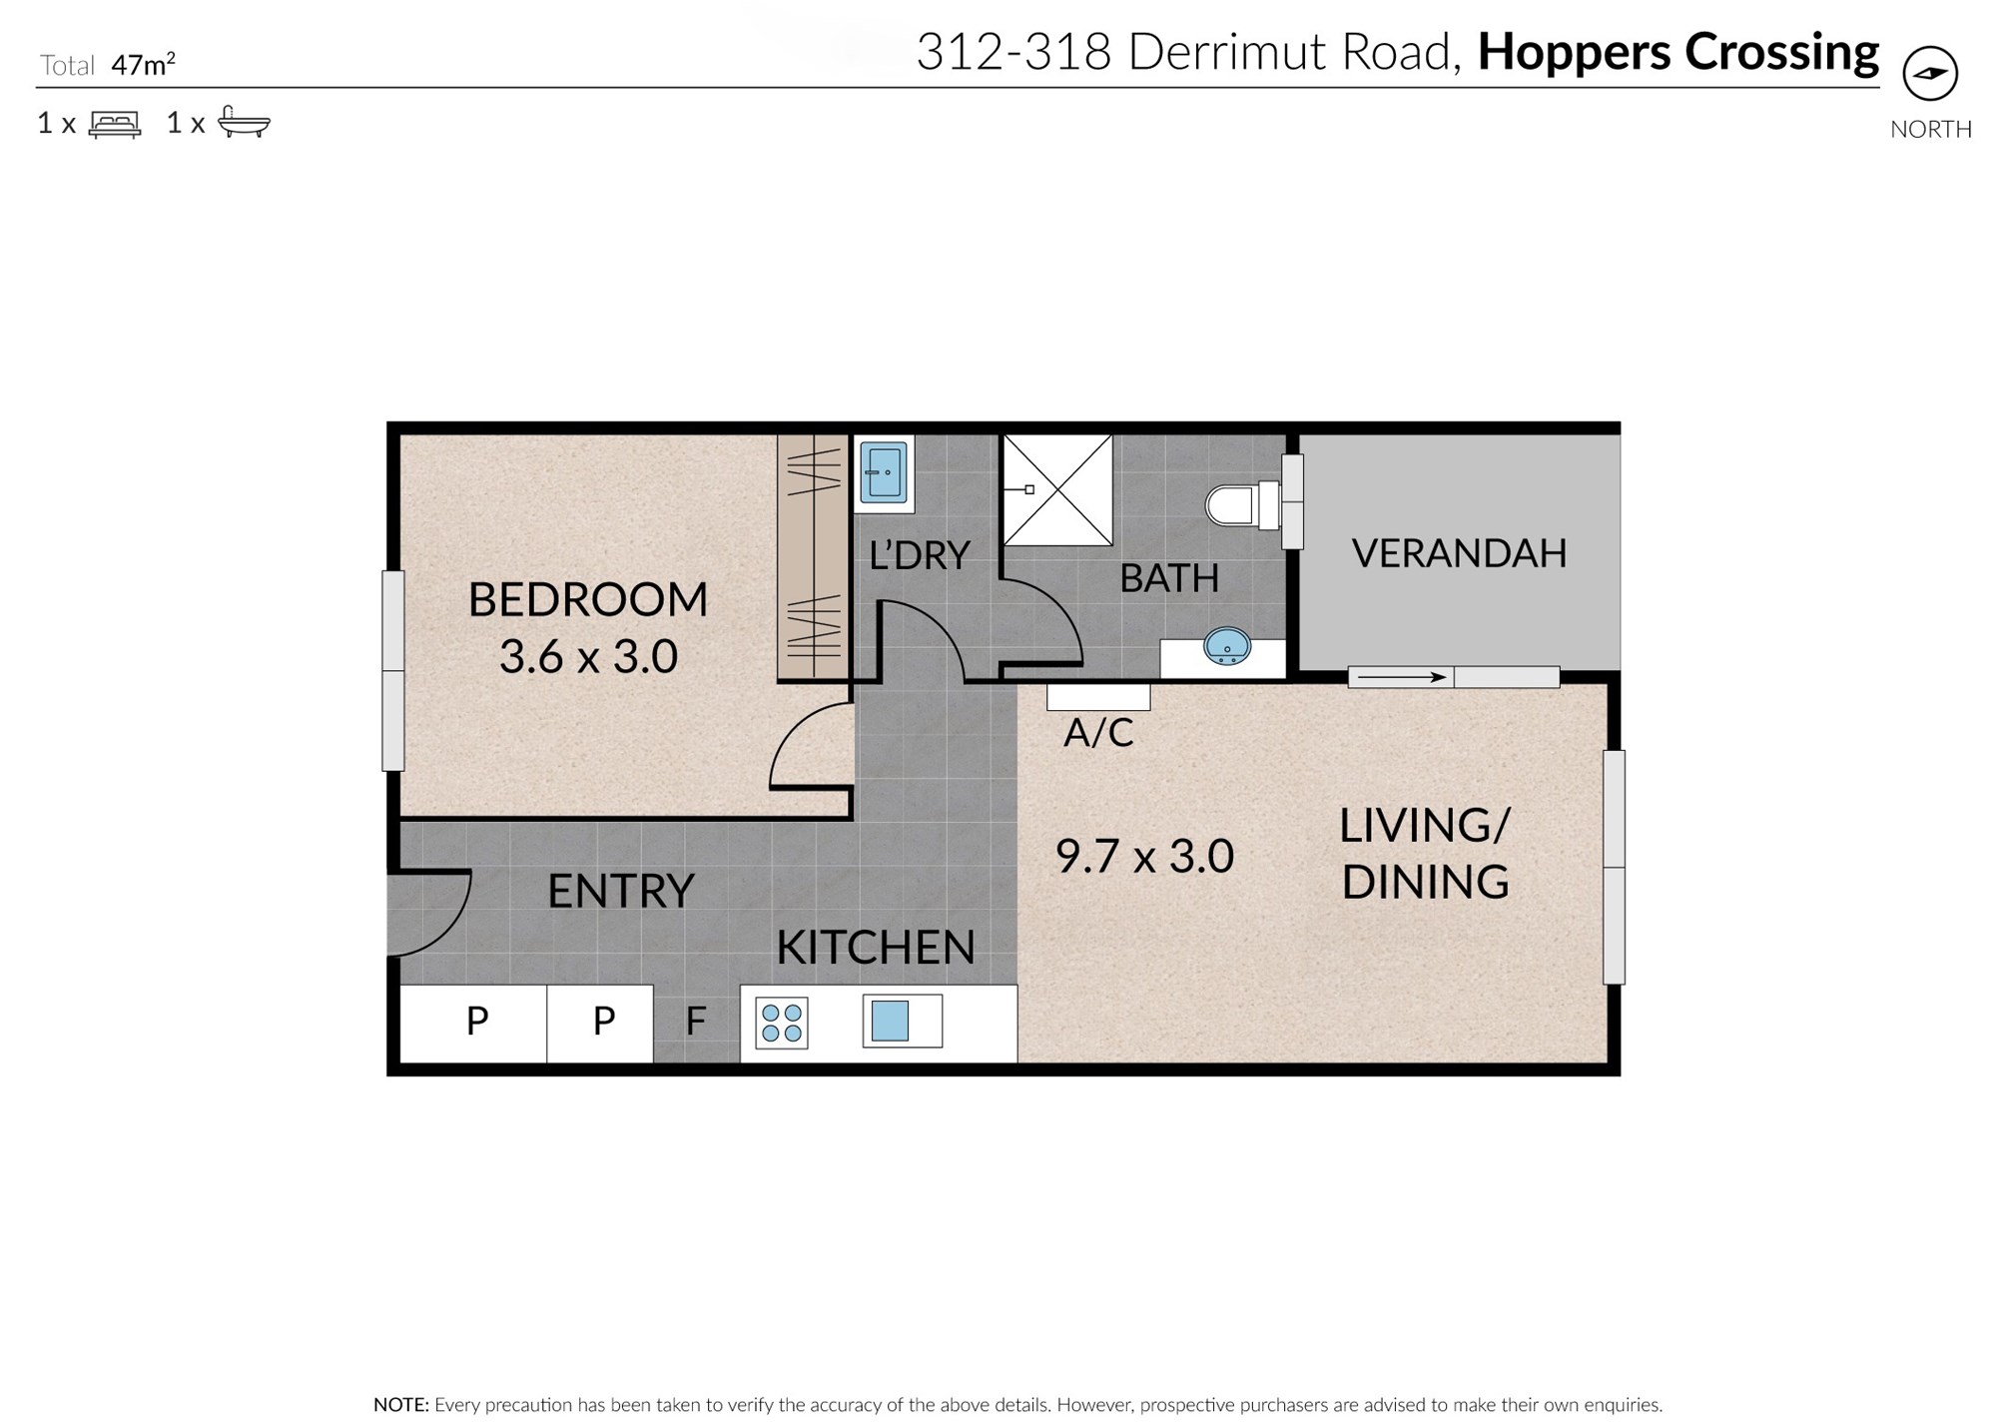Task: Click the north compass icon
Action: (1930, 73)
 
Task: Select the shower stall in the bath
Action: (1057, 489)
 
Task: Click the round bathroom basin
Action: (1227, 646)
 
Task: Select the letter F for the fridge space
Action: (696, 1021)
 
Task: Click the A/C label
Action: (1098, 733)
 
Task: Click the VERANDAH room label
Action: (1459, 553)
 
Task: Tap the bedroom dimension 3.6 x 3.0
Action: (588, 656)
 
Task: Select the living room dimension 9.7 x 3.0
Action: (1144, 856)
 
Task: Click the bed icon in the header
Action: (115, 123)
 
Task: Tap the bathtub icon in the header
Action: (244, 122)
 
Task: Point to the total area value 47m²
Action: (143, 65)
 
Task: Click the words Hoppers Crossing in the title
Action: (1678, 52)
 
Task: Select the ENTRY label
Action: (620, 891)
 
